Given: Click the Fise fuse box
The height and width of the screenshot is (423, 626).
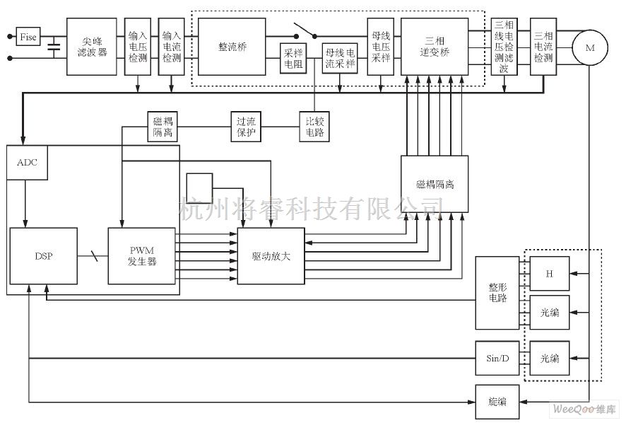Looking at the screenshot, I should pos(28,36).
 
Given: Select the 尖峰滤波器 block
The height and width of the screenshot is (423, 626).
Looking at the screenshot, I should pos(92,47).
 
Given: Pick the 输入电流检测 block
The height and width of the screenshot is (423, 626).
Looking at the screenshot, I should pos(172,47).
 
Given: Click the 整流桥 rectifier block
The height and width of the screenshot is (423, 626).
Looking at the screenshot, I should pos(232,47).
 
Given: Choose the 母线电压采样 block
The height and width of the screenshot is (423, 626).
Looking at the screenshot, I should pos(381,47).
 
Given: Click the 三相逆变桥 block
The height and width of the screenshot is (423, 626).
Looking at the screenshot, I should pos(435,47).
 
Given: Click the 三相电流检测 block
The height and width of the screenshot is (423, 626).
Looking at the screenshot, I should pos(543,47).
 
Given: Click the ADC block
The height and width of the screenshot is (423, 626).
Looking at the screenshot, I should pos(28,163).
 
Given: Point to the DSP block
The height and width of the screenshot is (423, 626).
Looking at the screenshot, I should pos(43,256).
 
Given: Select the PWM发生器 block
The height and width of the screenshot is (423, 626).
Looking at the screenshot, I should pos(141,256).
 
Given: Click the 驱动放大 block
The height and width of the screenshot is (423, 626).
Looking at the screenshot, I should pos(271,256).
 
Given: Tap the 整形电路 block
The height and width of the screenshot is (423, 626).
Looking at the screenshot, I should pos(497,293).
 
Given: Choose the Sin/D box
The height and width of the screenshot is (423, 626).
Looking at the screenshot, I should pos(497,358).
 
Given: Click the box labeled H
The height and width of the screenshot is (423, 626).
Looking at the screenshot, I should pos(550,273).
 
